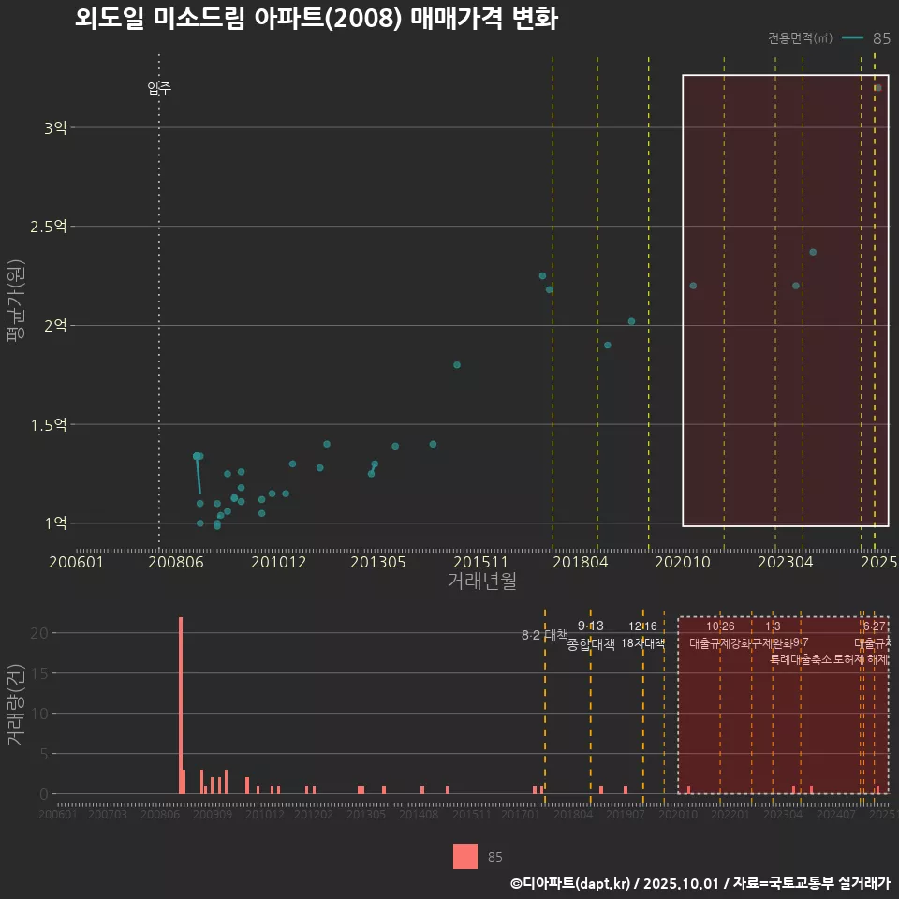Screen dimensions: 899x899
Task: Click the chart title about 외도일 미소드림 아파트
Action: pos(316,20)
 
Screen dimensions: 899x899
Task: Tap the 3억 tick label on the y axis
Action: pos(55,127)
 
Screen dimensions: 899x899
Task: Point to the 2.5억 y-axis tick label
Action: pos(50,227)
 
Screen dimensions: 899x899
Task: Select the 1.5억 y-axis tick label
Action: pos(50,425)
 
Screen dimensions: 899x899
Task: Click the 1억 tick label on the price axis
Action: pos(55,523)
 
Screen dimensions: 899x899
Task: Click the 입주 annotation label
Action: pos(159,89)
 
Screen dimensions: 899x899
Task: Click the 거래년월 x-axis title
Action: pos(481,582)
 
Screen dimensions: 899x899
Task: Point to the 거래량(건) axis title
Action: pos(16,705)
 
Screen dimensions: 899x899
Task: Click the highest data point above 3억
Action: pos(877,88)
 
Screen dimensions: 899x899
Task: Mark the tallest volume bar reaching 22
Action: pos(181,705)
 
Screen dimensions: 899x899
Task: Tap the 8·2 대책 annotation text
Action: pos(544,635)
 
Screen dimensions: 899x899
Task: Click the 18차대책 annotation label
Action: pos(642,643)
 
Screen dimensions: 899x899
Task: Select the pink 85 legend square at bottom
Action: pos(465,856)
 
